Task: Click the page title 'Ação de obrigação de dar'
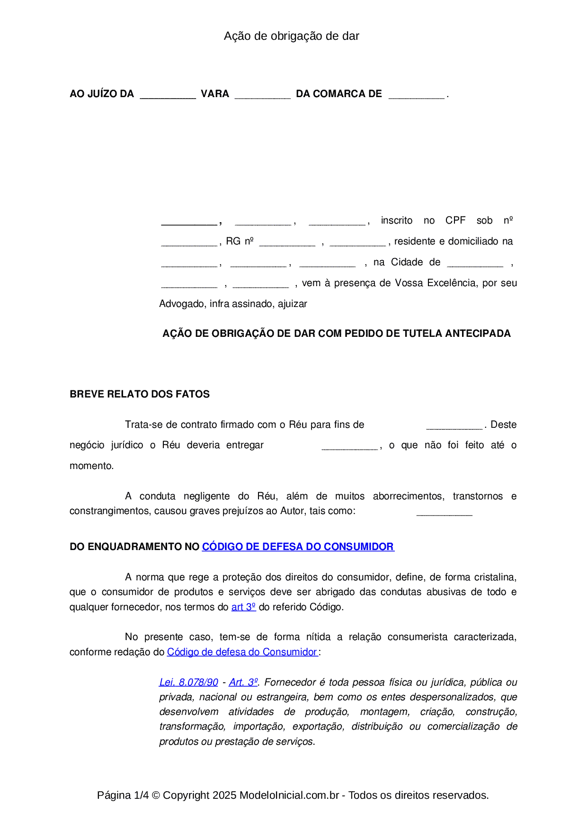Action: pos(291,36)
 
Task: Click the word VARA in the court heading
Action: pos(215,94)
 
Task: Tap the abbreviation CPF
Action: pos(455,220)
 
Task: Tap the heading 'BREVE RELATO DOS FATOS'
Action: pos(140,394)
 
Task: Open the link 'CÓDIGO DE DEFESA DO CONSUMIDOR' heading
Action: pos(298,547)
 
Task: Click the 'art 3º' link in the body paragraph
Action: pos(243,607)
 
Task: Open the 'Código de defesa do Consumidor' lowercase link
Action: pos(242,652)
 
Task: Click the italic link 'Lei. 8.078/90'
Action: pos(188,682)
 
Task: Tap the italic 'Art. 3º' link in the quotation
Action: pos(243,682)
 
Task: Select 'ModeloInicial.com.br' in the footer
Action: pos(289,795)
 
